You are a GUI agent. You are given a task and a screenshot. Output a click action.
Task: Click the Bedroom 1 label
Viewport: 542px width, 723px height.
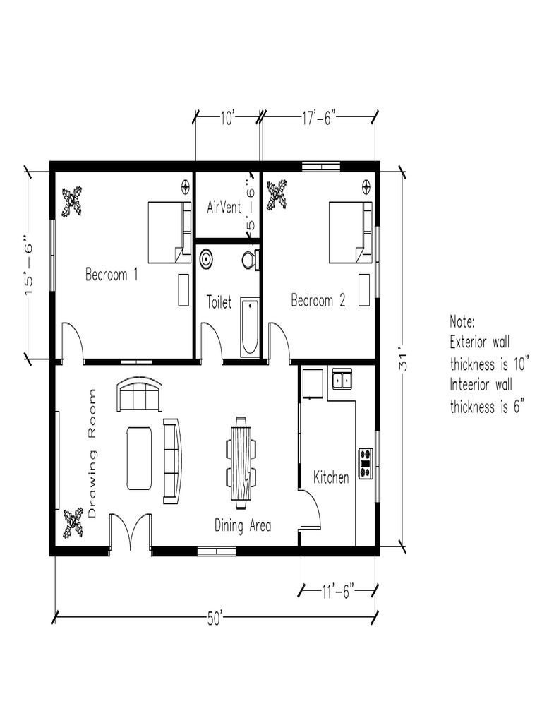click(112, 275)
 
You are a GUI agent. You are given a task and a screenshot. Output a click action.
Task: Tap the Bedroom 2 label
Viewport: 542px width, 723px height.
click(318, 301)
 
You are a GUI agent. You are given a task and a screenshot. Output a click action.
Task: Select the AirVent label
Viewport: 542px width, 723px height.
click(224, 208)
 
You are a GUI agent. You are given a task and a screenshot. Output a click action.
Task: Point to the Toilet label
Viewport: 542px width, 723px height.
click(219, 303)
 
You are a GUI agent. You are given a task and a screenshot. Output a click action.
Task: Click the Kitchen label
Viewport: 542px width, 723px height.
click(331, 478)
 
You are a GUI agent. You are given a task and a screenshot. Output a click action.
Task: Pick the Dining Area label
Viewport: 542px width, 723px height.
click(243, 525)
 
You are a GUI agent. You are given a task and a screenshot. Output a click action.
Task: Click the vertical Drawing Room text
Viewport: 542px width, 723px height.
click(92, 453)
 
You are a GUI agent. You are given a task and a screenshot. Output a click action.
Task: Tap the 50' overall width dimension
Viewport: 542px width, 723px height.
click(215, 619)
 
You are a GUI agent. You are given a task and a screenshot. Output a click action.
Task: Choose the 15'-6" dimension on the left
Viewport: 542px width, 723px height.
click(29, 265)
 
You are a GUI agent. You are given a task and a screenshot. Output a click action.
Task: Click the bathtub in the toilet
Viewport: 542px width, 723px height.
click(250, 327)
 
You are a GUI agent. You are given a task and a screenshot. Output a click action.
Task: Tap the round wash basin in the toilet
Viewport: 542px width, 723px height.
click(206, 258)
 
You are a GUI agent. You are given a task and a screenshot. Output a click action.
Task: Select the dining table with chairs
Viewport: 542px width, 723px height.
click(241, 462)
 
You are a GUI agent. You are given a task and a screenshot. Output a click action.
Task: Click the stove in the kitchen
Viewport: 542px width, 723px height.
click(366, 463)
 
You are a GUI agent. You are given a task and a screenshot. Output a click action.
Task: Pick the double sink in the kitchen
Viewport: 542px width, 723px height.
click(343, 379)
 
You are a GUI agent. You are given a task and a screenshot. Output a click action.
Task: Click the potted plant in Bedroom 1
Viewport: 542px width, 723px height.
click(72, 201)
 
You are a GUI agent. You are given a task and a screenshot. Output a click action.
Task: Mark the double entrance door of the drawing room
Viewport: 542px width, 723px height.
click(130, 532)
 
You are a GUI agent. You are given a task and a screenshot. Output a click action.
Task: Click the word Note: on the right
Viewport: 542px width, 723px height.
click(464, 322)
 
